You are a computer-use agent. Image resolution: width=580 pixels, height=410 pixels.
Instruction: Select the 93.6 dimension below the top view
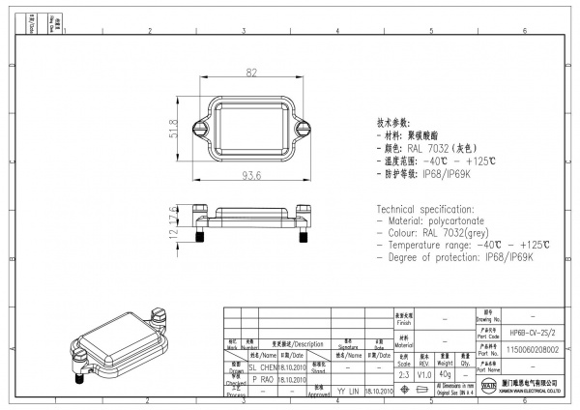click(251, 175)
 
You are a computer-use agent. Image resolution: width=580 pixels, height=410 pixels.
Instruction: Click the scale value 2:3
click(403, 374)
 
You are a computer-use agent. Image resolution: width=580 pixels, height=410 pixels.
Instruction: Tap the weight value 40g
click(446, 374)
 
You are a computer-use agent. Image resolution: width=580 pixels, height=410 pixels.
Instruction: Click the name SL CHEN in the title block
click(263, 367)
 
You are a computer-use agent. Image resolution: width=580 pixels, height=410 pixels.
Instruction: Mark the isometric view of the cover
click(122, 344)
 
